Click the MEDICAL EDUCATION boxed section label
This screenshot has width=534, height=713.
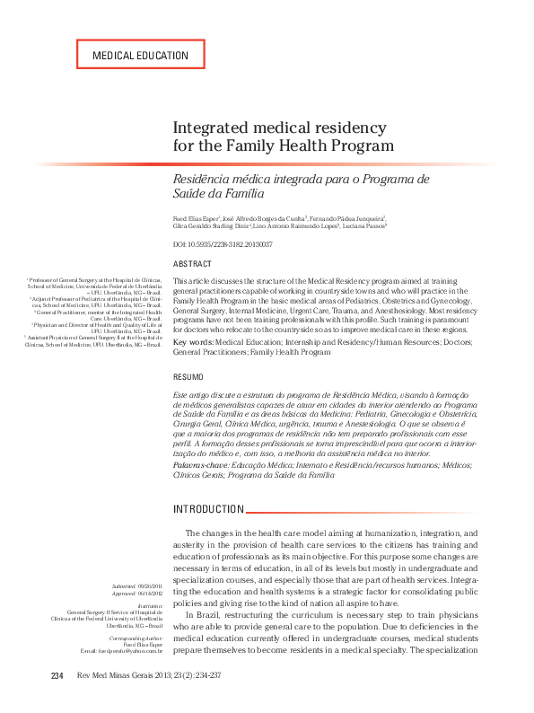pos(140,55)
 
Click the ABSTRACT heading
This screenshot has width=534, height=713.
pos(192,264)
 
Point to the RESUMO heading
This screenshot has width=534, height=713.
pos(188,377)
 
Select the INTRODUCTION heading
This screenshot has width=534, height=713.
pos(208,509)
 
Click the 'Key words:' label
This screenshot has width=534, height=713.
pos(192,343)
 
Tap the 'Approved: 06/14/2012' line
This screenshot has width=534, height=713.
pos(138,594)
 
